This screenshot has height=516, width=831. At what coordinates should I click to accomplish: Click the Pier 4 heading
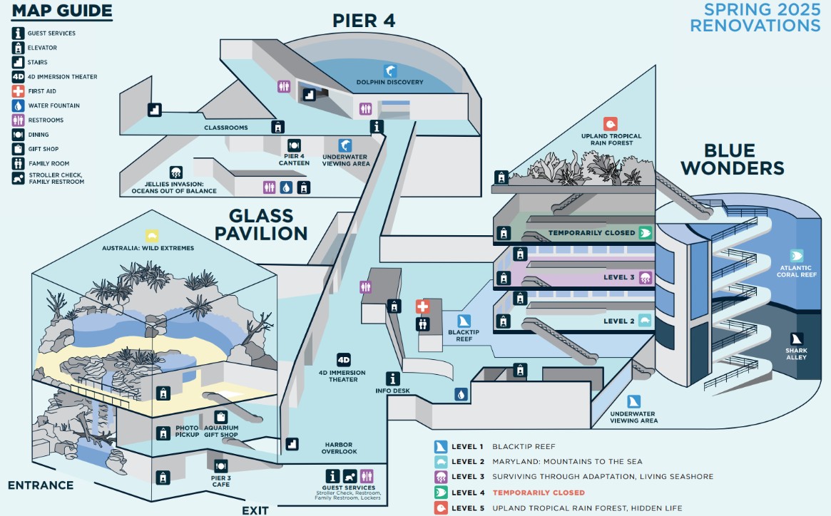(x=364, y=20)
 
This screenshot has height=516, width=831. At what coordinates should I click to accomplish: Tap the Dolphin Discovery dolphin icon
(x=390, y=71)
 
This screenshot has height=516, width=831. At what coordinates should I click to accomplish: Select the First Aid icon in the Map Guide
(x=19, y=91)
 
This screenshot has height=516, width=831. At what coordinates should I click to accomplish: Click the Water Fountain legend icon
(x=19, y=105)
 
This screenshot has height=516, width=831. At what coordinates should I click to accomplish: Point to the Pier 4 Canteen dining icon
(x=294, y=145)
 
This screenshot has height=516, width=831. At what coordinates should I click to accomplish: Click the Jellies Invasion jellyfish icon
(x=175, y=172)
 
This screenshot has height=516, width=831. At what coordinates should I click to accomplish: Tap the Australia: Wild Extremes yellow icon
(x=151, y=236)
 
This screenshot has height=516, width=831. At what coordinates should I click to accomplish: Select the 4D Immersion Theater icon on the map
(x=344, y=360)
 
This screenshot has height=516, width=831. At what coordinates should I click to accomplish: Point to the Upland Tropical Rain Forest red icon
(x=610, y=124)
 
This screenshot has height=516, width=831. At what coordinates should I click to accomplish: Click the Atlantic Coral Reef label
(x=797, y=272)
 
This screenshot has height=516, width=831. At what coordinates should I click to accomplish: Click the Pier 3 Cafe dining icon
(x=221, y=465)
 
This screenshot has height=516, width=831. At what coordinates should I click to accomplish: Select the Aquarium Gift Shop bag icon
(x=221, y=417)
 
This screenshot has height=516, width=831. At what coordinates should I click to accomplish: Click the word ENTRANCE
(x=41, y=485)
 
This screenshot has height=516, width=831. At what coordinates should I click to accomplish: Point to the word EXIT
(x=255, y=510)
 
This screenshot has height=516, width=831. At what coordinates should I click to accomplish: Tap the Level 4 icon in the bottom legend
(x=442, y=492)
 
